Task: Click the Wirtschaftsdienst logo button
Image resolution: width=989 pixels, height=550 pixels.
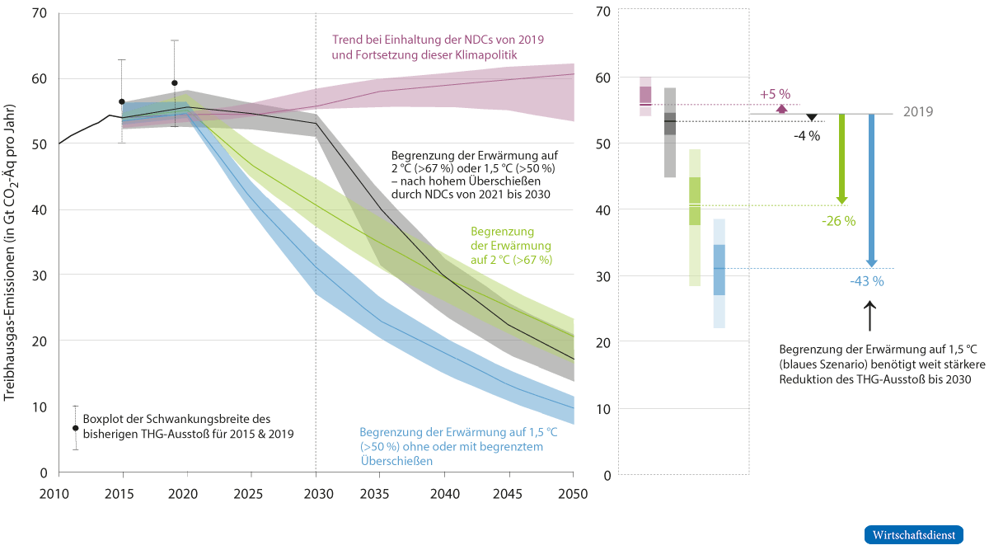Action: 913,534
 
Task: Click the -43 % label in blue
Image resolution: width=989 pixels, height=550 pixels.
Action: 867,281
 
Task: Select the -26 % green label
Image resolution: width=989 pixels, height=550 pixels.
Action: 838,221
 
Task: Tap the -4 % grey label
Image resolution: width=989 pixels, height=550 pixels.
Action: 806,136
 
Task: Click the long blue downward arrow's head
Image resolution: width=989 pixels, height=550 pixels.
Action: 871,263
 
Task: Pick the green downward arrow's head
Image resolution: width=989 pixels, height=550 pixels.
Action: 841,200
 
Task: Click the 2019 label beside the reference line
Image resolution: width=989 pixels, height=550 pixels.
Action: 918,112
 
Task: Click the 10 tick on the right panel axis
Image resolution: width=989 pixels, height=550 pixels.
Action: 602,409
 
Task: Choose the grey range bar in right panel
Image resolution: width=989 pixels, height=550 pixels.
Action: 670,132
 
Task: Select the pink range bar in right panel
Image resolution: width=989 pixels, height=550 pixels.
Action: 645,96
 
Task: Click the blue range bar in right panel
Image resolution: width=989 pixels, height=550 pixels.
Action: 719,273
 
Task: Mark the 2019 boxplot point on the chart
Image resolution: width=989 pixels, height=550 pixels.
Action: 174,83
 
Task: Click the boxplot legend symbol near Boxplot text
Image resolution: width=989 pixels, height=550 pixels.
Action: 75,428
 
